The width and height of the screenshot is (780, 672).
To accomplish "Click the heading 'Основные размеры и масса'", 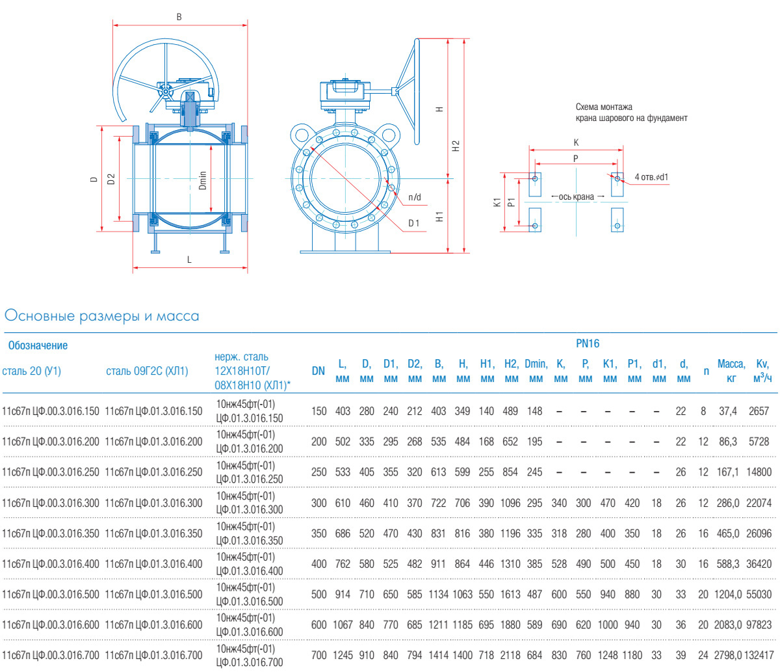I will tap(101, 316).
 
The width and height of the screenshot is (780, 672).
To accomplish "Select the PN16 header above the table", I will tap(588, 343).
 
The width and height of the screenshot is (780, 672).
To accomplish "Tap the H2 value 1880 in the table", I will tap(511, 625).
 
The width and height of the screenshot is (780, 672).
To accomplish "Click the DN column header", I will tap(318, 371).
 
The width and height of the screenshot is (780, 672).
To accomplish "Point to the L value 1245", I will tap(343, 655).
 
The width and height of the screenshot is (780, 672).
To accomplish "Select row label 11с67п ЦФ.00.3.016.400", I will tap(51, 564).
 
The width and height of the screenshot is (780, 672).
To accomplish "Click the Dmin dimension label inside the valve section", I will tap(203, 180).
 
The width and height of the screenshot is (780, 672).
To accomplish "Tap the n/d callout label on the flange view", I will tap(415, 197).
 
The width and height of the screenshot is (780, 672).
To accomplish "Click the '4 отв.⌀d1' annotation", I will tap(652, 177).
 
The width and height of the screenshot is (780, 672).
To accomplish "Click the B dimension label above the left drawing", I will tap(179, 17).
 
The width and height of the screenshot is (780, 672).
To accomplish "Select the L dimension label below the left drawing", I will tap(189, 260).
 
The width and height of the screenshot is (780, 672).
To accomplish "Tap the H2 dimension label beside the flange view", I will tap(456, 146).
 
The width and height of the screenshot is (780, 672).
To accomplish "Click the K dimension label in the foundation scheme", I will tap(576, 142).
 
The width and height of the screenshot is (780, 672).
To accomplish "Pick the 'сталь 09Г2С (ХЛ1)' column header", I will tap(146, 371).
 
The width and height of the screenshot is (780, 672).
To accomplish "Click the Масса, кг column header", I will tap(731, 371).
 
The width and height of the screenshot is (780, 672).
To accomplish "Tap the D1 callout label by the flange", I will tap(414, 224).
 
